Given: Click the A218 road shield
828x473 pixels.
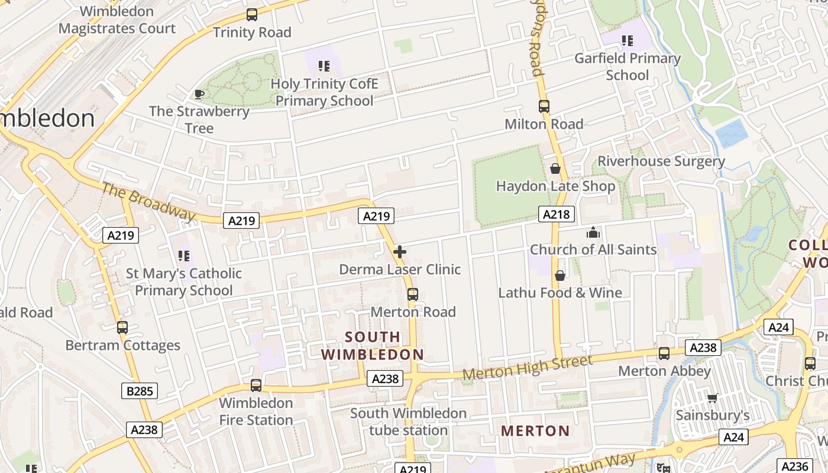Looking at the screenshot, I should tap(557, 214).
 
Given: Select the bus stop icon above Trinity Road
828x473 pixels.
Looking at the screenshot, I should tap(252, 15).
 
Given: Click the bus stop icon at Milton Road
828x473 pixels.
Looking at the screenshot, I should tap(544, 106).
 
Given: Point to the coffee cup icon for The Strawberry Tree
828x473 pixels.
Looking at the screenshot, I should tap(199, 94).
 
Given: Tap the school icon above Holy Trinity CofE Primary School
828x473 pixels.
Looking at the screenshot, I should tap(324, 66).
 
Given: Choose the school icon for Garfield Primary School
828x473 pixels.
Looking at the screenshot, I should tap(628, 41).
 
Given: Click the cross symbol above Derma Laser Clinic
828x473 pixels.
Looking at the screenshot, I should tap(400, 252).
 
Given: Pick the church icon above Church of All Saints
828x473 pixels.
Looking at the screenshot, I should tap(593, 232).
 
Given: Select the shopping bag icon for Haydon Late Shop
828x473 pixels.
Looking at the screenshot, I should tap(555, 169).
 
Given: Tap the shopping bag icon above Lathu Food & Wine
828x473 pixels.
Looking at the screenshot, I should tap(560, 276).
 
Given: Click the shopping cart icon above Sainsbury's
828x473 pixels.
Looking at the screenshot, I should tap(713, 398).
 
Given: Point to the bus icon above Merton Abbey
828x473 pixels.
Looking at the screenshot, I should tap(664, 354).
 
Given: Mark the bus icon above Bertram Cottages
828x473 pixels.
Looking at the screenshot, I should tap(122, 328).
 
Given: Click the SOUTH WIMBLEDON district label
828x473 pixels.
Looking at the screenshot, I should tap(373, 346).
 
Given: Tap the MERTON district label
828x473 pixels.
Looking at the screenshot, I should tap(535, 431).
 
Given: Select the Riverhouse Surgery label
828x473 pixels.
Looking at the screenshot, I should tap(661, 161).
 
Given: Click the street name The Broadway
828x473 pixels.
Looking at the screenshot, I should tap(148, 202).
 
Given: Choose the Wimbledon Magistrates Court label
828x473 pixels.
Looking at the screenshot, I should tap(117, 20).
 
